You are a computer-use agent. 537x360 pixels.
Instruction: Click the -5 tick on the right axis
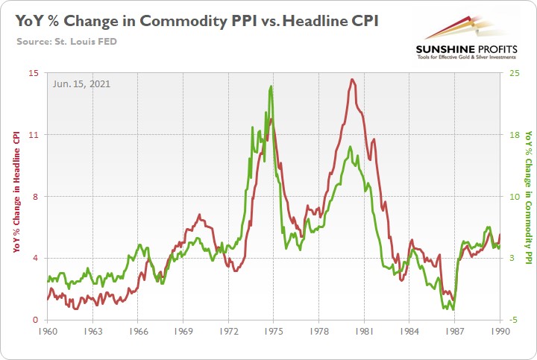click(511, 320)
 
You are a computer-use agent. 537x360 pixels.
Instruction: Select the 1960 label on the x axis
click(47, 330)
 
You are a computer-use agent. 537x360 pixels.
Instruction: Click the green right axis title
click(529, 197)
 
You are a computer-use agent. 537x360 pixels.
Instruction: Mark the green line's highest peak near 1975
click(271, 86)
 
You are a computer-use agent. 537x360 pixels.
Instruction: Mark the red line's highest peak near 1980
click(351, 79)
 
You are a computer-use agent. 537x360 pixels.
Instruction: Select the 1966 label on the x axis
click(138, 330)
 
